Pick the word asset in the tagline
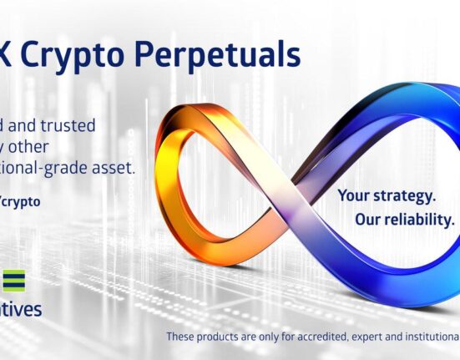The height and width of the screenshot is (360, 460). click(113, 168)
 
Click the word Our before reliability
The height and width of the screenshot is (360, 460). click(370, 220)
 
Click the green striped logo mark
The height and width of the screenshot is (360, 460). click(12, 280)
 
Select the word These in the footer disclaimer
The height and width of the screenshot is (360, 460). click(183, 337)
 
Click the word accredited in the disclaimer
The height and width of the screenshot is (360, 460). click(343, 337)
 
